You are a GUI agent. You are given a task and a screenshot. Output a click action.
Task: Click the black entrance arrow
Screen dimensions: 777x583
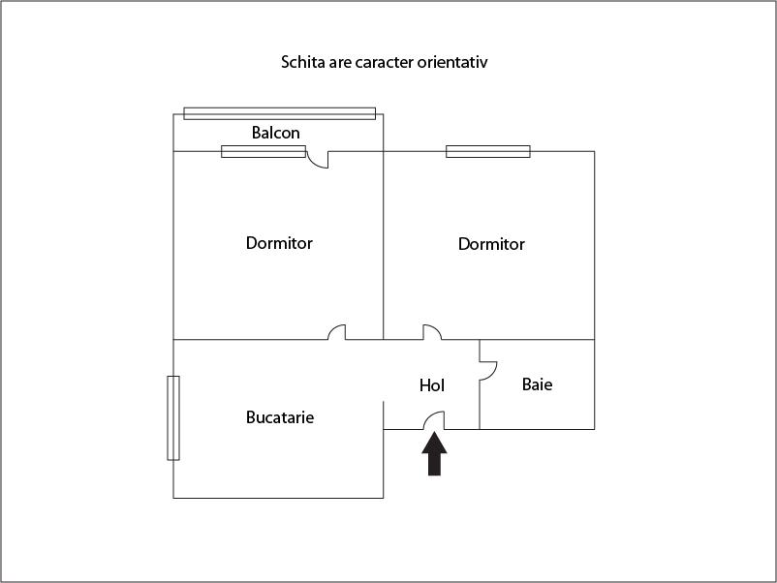[x=435, y=454]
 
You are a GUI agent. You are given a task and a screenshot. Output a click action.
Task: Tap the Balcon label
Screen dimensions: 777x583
[x=275, y=133]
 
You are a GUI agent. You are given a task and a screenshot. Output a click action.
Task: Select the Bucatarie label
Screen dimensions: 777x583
[x=280, y=417]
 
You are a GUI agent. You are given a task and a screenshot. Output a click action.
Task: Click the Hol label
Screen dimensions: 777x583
[x=431, y=385]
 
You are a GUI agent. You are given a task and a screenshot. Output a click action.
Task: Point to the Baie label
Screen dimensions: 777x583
[x=537, y=384]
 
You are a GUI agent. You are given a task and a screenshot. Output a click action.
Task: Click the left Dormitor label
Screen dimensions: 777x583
[x=279, y=243]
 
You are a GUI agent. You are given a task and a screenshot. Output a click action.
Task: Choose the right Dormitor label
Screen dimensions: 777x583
[x=491, y=244]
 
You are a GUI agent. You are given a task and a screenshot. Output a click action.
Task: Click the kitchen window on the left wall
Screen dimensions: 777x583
[x=173, y=418]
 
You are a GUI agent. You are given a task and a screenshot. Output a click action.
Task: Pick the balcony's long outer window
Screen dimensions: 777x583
[x=279, y=113]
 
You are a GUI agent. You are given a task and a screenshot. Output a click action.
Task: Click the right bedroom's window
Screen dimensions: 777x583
[x=488, y=151]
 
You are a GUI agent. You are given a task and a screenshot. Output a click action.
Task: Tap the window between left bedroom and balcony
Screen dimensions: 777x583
[x=264, y=151]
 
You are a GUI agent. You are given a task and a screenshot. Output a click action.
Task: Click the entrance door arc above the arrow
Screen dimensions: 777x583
[x=429, y=415]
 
